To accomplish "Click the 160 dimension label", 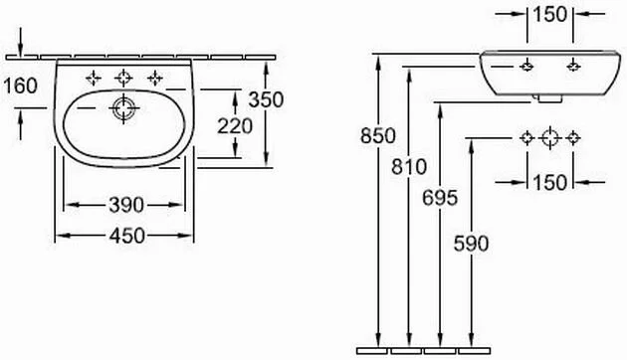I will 20,86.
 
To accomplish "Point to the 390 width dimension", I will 125,205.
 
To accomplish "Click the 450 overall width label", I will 125,235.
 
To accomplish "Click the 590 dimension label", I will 471,243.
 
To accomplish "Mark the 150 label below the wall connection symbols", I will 549,181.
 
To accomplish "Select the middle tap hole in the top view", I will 123,77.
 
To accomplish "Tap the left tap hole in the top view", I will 94,77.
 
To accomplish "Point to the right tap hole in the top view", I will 154,77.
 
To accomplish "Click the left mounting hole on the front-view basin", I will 524,66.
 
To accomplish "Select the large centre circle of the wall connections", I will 549,138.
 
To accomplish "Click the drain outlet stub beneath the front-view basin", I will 548,97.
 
